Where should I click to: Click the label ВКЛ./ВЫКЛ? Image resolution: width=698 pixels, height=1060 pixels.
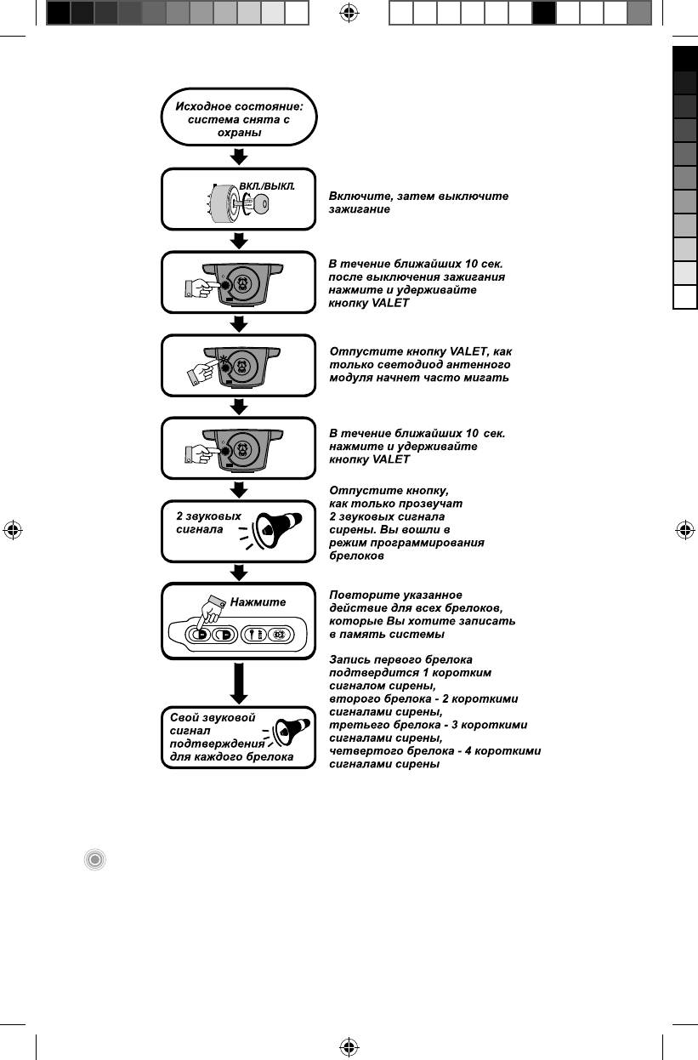pyautogui.click(x=266, y=185)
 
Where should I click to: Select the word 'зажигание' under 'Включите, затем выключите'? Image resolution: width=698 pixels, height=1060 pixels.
pyautogui.click(x=360, y=209)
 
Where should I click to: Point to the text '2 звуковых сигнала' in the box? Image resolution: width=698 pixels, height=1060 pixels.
pyautogui.click(x=207, y=522)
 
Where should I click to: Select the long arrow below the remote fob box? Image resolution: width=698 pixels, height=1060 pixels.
pyautogui.click(x=240, y=681)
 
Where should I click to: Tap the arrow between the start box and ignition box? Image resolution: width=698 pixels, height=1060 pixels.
pyautogui.click(x=240, y=157)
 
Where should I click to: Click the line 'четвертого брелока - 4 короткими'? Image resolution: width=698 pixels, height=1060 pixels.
pyautogui.click(x=434, y=751)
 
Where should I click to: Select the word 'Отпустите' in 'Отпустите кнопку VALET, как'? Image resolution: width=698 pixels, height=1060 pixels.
pyautogui.click(x=359, y=350)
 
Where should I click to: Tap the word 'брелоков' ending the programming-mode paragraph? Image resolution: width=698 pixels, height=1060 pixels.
pyautogui.click(x=356, y=556)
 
